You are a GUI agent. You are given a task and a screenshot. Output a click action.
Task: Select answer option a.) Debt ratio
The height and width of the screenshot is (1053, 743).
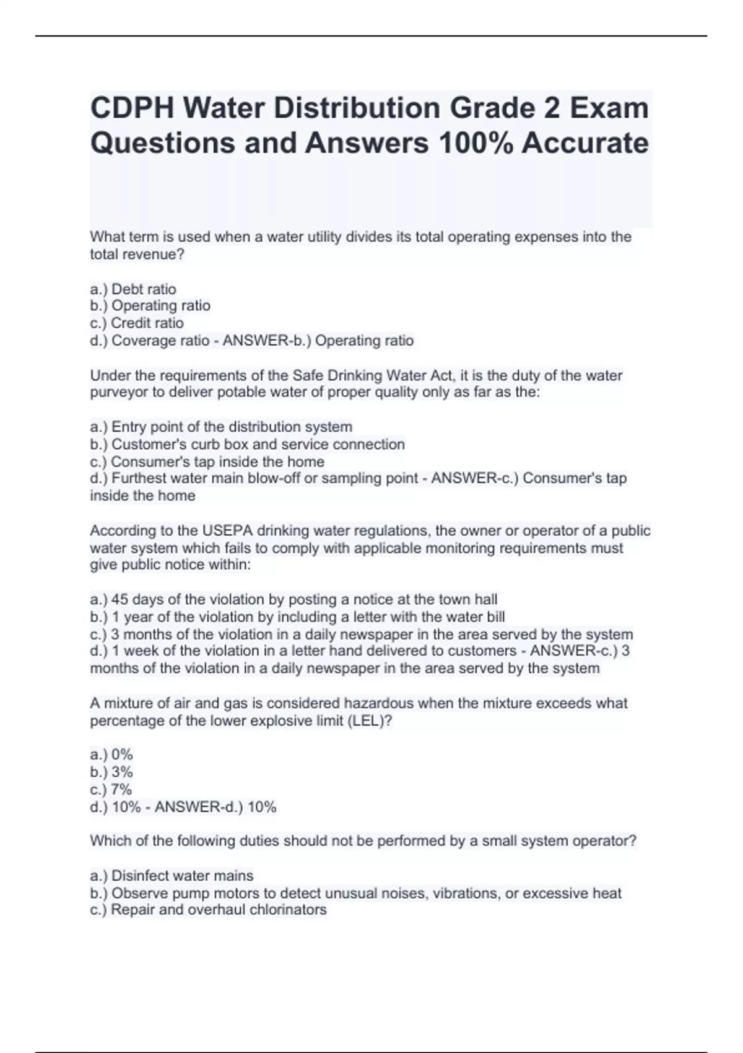click(x=133, y=289)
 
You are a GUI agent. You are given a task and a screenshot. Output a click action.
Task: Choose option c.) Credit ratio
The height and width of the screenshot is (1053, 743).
click(x=137, y=323)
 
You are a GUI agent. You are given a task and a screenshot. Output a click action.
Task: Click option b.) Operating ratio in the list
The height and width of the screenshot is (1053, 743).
click(x=150, y=306)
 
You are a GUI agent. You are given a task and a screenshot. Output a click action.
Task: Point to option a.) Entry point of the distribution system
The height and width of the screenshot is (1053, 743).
click(x=221, y=427)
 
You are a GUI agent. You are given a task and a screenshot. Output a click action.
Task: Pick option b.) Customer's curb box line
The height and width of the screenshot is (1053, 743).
click(x=248, y=444)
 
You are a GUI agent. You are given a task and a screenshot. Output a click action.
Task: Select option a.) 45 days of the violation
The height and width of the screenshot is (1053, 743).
click(x=293, y=600)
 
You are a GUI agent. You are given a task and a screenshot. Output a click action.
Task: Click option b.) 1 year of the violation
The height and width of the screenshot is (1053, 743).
click(x=297, y=617)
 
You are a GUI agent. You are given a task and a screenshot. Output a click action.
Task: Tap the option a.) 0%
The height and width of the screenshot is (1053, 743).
click(x=111, y=754)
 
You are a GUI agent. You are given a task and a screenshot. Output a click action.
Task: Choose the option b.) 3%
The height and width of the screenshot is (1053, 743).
click(x=111, y=772)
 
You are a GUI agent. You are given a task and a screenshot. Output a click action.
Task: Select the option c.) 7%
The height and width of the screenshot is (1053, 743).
click(x=111, y=789)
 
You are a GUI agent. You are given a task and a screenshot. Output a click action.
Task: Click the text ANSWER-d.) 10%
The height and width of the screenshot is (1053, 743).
click(x=215, y=807)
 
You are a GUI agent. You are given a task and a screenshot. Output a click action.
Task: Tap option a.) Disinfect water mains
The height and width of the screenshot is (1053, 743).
click(x=172, y=876)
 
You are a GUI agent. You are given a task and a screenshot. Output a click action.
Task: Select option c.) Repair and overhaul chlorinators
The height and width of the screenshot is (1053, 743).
click(x=208, y=910)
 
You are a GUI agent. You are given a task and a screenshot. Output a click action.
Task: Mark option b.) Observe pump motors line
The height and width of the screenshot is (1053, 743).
click(x=355, y=893)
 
